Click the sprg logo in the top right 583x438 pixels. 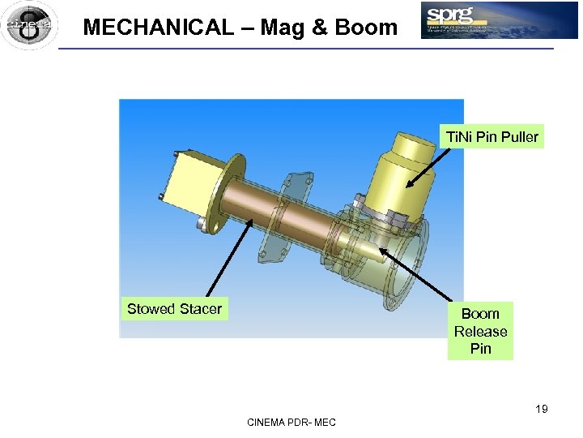coord(499,20)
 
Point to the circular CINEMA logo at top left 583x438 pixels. coord(29,25)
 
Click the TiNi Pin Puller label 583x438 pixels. coord(492,137)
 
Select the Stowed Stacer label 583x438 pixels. coord(174,309)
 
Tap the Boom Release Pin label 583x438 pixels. coord(480,331)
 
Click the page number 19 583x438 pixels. coord(541,409)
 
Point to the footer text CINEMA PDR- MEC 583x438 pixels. coord(291,423)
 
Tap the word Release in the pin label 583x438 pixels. coord(480,331)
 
